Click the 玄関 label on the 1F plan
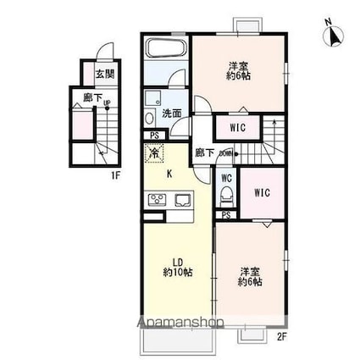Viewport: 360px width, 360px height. pos(104,75)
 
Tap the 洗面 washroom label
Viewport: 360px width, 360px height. pos(172,113)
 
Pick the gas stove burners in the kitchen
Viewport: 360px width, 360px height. pos(158,200)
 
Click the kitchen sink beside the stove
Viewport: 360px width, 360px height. pos(184,201)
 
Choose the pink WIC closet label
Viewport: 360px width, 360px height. pos(262,192)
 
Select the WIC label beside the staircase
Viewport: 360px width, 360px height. pos(238,128)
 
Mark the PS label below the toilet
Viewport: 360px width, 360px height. pos(226,216)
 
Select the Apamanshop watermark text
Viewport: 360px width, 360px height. pos(181,323)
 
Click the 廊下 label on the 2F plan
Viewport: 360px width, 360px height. pos(203,153)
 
